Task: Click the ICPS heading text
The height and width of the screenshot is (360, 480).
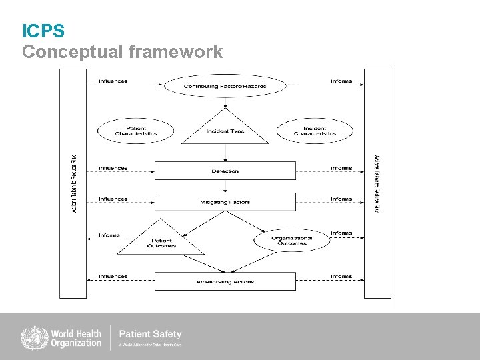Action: tap(43, 31)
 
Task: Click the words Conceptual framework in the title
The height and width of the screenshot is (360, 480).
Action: tap(123, 52)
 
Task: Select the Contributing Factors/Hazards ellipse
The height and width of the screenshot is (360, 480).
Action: tap(225, 86)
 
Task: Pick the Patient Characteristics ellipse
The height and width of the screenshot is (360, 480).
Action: tap(136, 131)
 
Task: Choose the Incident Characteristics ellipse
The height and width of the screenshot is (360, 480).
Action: tap(315, 131)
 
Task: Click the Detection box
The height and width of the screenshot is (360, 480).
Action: tap(225, 171)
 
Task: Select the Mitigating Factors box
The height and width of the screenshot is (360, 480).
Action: tap(225, 201)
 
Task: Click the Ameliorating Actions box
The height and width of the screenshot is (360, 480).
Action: tap(225, 281)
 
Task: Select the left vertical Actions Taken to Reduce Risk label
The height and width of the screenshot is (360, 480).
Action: tap(73, 183)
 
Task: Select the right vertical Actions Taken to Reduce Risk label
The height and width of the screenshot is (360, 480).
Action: tap(377, 183)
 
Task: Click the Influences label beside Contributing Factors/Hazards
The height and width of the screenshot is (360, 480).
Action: tap(113, 81)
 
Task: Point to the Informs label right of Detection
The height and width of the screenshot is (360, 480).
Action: tap(341, 168)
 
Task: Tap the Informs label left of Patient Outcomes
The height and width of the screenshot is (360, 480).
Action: tap(109, 235)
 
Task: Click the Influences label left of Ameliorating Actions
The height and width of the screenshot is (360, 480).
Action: tap(113, 276)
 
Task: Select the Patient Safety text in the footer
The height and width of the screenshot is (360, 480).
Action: tap(150, 333)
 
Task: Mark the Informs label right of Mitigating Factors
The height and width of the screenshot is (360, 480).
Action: tap(341, 199)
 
